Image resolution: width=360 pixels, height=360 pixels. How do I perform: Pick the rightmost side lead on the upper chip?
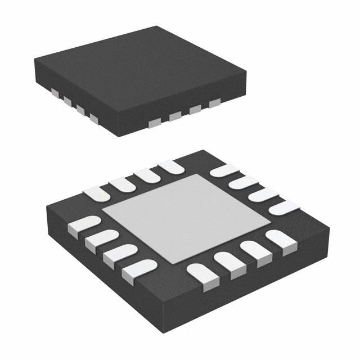coord(214,103)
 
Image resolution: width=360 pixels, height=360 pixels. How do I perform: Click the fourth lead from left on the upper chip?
coord(93,117)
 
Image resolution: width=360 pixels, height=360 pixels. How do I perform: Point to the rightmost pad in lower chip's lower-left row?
coord(138,269)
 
